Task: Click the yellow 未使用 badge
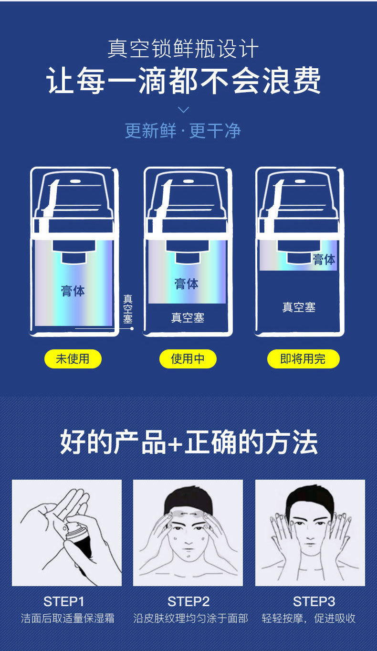pyautogui.click(x=73, y=358)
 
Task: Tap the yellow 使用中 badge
pyautogui.click(x=188, y=358)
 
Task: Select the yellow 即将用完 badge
pyautogui.click(x=303, y=358)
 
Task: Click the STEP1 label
pyautogui.click(x=64, y=601)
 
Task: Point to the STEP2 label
pyautogui.click(x=188, y=601)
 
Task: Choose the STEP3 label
pyautogui.click(x=314, y=601)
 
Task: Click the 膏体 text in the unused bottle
pyautogui.click(x=73, y=291)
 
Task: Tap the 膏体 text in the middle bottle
pyautogui.click(x=187, y=283)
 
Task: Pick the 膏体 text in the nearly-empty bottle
pyautogui.click(x=325, y=259)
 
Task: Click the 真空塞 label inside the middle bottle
pyautogui.click(x=188, y=318)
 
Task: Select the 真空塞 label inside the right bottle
pyautogui.click(x=299, y=307)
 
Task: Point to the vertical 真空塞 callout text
pyautogui.click(x=128, y=309)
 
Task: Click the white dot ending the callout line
pyautogui.click(x=132, y=329)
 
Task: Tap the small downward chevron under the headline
pyautogui.click(x=183, y=110)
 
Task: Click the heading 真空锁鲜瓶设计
pyautogui.click(x=183, y=49)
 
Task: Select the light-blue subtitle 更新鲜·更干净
pyautogui.click(x=183, y=131)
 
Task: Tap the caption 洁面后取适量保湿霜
pyautogui.click(x=68, y=618)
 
